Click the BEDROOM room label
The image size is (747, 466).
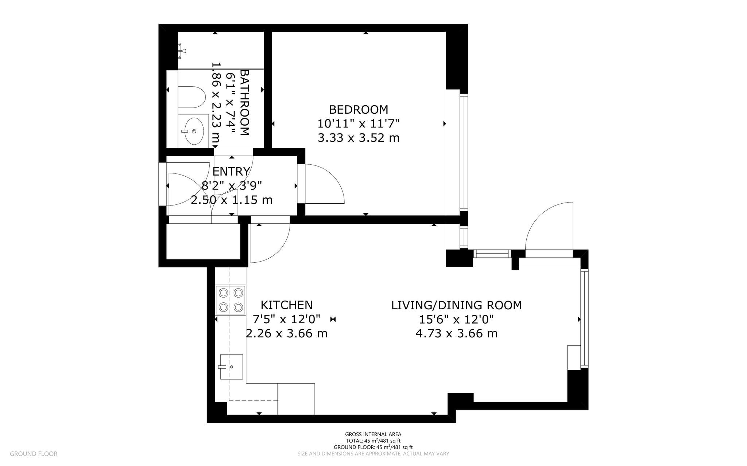coord(358,109)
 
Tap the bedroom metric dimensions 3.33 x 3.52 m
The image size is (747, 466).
coord(358,138)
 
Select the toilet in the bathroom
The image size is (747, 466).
coord(191,97)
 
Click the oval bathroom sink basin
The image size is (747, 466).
coord(194,131)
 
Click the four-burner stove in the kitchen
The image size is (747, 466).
coord(230,300)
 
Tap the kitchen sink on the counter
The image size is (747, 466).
coord(231,367)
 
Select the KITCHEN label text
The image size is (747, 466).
coord(286,305)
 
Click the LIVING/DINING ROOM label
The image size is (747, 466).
coord(456,305)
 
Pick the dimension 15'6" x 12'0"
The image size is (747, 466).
coord(456,320)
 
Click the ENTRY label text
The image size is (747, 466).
coord(231,171)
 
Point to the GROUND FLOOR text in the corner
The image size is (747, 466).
coord(34,454)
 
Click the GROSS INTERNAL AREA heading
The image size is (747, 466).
coord(373,434)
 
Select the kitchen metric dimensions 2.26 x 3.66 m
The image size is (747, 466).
coord(286,333)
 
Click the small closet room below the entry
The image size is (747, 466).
coord(203,241)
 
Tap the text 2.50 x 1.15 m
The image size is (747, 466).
coord(232,200)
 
